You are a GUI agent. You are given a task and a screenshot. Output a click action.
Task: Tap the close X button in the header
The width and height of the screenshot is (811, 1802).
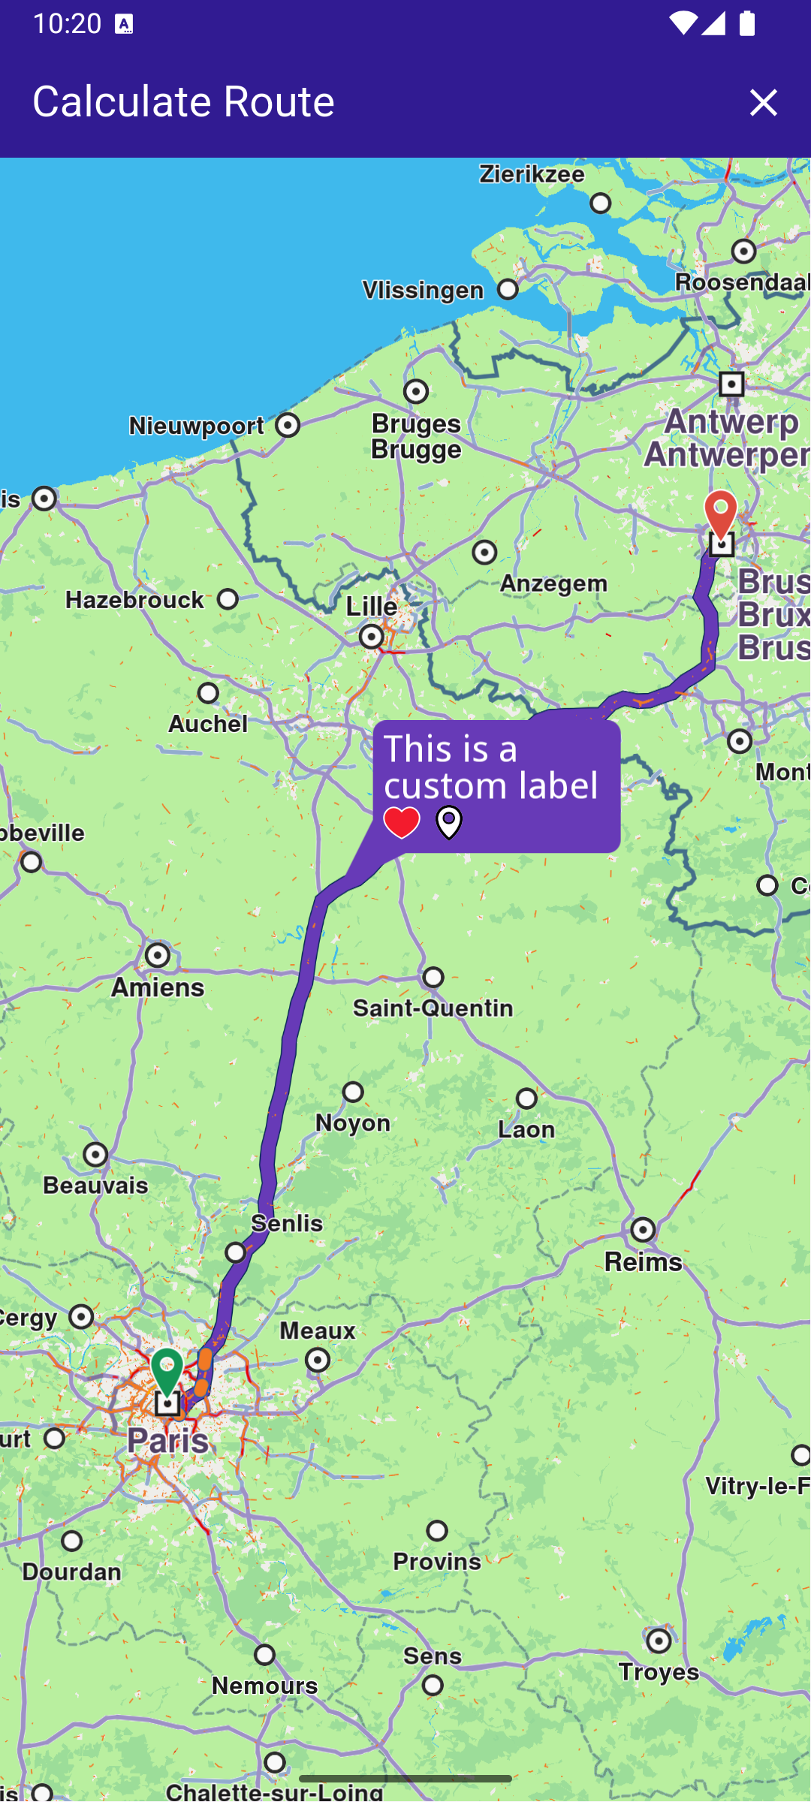coord(763,103)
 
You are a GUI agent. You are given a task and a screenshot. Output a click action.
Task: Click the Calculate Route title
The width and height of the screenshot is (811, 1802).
coord(183,101)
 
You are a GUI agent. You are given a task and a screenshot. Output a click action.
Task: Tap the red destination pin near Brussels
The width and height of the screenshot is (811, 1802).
coord(720,514)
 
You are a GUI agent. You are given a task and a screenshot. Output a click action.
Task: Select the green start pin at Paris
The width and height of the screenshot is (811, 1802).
coord(167,1371)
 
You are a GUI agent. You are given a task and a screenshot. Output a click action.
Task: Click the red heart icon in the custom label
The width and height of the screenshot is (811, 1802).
coord(402,823)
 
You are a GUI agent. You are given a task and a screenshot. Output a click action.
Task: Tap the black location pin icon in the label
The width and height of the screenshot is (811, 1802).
coord(449,823)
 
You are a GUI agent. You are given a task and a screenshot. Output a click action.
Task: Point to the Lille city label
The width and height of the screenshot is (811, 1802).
coord(372,607)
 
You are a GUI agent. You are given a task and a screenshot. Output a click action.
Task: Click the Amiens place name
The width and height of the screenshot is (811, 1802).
coord(158,987)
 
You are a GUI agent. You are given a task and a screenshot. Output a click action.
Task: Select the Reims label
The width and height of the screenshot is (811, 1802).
coord(644,1261)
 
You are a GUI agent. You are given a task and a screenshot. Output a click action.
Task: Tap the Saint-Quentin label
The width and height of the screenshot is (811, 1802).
coord(433,1008)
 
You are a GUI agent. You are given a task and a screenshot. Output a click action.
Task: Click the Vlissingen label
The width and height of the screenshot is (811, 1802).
coord(424,291)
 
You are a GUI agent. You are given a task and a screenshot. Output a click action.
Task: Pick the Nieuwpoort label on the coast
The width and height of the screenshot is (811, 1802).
coord(197,426)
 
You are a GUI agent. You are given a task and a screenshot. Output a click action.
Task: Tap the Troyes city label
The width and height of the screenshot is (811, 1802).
coord(659,1671)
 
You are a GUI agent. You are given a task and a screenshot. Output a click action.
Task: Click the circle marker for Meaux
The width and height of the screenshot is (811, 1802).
coord(318,1360)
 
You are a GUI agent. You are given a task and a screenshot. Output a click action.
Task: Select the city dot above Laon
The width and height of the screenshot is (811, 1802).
coord(526,1098)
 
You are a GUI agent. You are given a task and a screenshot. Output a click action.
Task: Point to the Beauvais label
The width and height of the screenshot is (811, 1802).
coord(95,1186)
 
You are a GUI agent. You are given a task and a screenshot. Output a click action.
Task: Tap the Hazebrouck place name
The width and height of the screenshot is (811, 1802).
coord(135,600)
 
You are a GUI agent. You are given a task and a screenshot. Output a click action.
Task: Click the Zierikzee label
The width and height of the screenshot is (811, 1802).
coord(532,174)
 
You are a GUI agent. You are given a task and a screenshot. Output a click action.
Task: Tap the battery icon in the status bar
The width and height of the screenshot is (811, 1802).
coord(746,23)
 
